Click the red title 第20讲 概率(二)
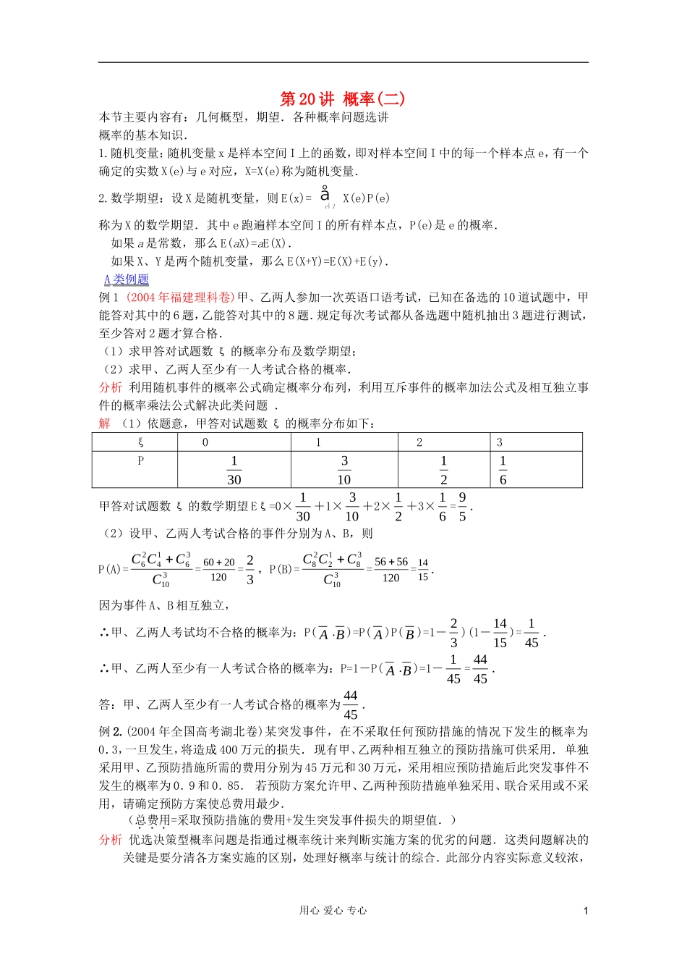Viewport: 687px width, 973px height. click(x=342, y=98)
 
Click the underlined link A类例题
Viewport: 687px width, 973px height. click(x=127, y=279)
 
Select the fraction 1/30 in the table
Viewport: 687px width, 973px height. click(x=234, y=470)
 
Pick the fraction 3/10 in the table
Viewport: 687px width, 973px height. click(x=344, y=470)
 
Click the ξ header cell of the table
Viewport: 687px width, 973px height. click(x=140, y=442)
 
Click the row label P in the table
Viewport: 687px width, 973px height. click(x=140, y=461)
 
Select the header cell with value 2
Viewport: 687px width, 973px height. click(x=419, y=442)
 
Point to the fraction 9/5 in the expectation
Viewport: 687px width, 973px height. click(x=462, y=507)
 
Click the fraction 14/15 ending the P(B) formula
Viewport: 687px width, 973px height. click(x=423, y=569)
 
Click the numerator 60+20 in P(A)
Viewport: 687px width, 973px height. click(x=218, y=562)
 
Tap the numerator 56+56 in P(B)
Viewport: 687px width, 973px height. click(x=391, y=562)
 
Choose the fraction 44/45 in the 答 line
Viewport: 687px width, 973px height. click(x=350, y=704)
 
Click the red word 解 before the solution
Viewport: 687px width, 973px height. click(x=105, y=424)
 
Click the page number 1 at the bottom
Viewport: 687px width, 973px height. click(x=586, y=911)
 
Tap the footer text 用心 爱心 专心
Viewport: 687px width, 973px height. click(x=333, y=911)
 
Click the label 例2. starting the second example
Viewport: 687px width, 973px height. click(x=111, y=732)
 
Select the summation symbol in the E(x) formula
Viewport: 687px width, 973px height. click(x=325, y=194)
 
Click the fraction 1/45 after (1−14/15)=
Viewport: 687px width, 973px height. click(x=531, y=633)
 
